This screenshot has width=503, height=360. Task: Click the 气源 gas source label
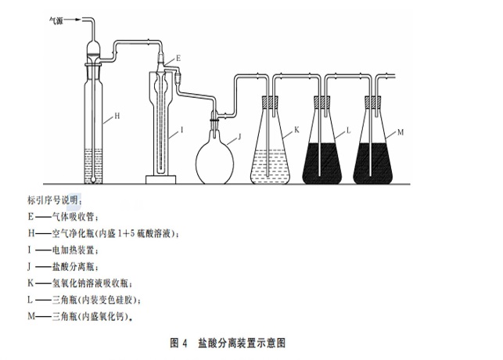point(56,20)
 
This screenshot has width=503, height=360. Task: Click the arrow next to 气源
point(73,20)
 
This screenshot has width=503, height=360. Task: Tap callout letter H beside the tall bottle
point(117,116)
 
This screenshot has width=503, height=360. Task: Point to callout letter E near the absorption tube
point(178,58)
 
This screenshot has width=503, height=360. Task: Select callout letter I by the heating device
point(182,130)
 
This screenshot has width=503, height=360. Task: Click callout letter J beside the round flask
point(239,137)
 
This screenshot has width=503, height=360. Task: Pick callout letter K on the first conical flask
point(296,130)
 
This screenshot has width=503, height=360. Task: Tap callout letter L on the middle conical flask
point(348,131)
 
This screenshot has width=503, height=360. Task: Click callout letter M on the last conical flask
point(401,132)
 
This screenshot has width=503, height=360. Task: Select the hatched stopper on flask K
point(270,103)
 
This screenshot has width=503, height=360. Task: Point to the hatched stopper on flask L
point(322,103)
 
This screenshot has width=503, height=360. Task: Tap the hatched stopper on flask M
point(373,103)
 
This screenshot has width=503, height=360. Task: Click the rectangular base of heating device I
point(160,180)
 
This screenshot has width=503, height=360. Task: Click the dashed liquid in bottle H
point(93,166)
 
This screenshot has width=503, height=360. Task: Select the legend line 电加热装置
point(63,250)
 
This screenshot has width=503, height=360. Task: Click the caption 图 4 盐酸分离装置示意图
point(228,343)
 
